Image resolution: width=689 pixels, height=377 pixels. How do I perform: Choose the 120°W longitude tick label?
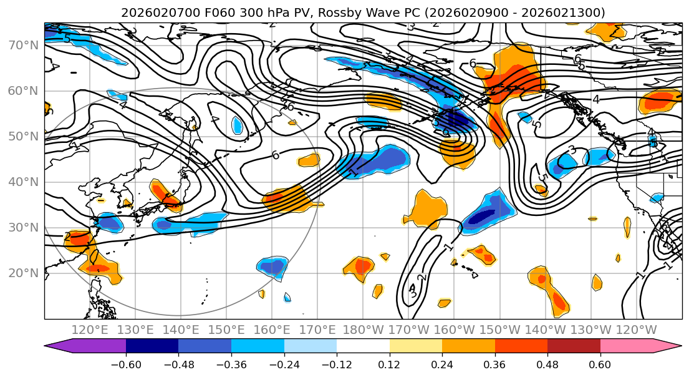[637, 330]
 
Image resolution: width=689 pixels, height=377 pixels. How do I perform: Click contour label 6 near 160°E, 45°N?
[275, 155]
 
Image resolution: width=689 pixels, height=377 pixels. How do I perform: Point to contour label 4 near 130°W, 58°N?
[595, 99]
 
